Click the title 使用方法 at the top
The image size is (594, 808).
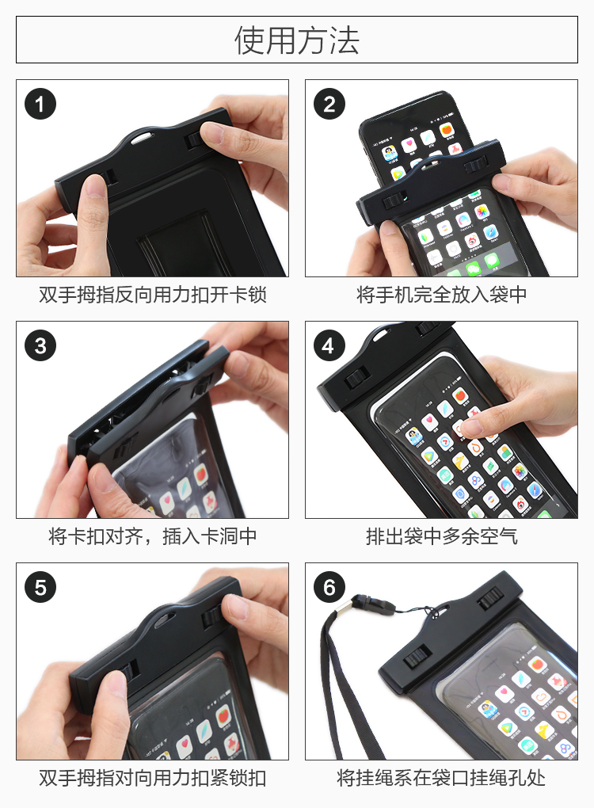297,40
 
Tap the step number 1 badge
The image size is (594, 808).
40,104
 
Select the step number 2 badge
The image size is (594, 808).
329,104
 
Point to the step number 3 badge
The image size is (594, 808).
40,345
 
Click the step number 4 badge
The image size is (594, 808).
329,345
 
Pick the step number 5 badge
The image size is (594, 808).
40,588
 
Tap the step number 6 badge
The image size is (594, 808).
329,588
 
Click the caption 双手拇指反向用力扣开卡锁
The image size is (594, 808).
153,295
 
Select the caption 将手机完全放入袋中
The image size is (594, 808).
441,295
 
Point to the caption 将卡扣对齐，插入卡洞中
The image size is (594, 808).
153,536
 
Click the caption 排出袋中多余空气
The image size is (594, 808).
441,536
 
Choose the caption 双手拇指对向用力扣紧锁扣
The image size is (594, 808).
153,778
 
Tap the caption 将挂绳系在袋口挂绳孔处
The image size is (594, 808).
441,778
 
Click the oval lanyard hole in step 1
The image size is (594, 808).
143,138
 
